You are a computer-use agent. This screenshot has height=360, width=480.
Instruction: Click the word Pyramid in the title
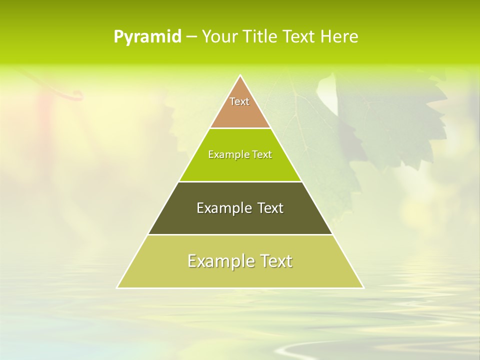tap(147, 37)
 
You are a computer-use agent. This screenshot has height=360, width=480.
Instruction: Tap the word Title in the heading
tap(260, 36)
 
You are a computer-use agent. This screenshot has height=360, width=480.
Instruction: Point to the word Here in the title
tap(339, 36)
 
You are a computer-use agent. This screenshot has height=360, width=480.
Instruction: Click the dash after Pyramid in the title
tap(191, 37)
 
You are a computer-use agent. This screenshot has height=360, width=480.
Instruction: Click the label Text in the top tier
tap(239, 101)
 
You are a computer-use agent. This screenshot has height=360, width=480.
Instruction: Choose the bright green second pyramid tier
tap(240, 167)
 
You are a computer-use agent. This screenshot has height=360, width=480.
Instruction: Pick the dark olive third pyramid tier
tap(240, 222)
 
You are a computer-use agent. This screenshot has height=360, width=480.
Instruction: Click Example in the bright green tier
tap(223, 154)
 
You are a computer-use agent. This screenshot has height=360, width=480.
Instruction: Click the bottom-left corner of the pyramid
tap(117, 287)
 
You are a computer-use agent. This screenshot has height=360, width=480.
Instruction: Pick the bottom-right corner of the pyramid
tap(363, 287)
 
